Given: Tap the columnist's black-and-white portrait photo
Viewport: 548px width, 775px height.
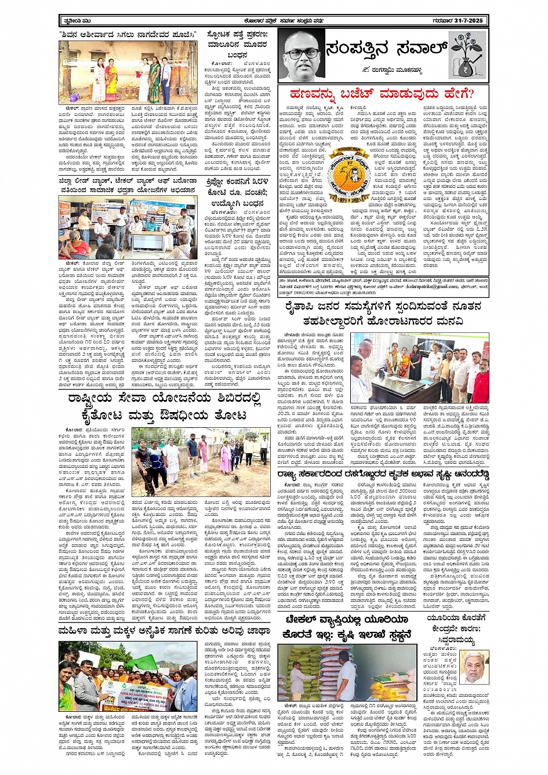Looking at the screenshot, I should pos(301,54).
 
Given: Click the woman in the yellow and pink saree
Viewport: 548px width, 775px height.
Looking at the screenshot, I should pos(110,81).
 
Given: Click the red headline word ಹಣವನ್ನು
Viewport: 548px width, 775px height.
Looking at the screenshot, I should pos(314,93).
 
